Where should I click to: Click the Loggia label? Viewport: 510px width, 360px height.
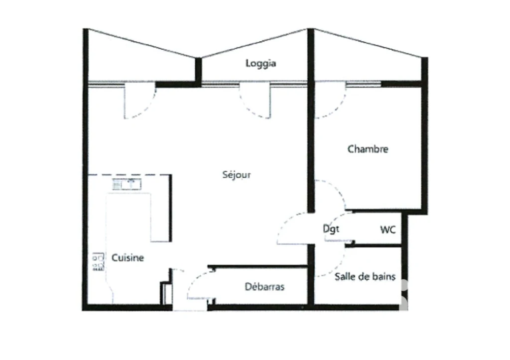point(260,63)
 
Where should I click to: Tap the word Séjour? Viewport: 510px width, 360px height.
point(237,175)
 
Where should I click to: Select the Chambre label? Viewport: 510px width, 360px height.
point(368,149)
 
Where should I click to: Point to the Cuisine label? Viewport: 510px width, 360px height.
point(127,257)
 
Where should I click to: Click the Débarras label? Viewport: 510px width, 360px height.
point(264,286)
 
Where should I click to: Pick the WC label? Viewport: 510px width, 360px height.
point(387,230)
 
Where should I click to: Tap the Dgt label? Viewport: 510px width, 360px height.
point(331,229)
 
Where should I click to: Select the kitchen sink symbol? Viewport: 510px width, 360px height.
point(127,184)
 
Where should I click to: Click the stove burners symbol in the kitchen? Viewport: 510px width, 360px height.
point(98,261)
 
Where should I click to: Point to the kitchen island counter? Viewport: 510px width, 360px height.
point(138,217)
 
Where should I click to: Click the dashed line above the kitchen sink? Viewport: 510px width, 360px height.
point(129,175)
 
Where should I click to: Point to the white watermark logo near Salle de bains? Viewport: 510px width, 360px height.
point(403,294)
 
